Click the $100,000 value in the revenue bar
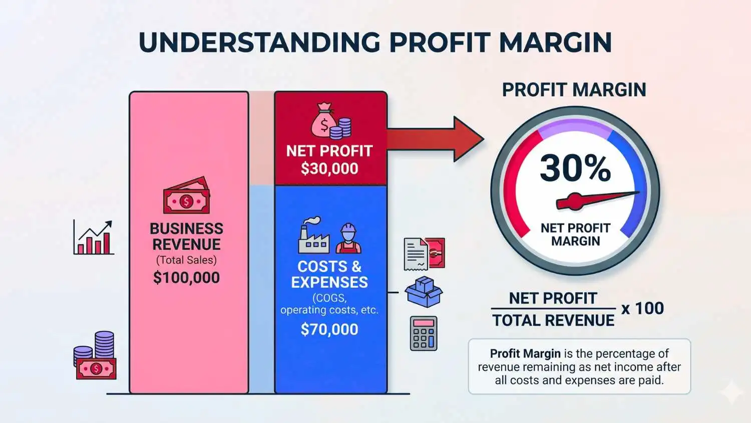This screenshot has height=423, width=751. click(x=186, y=278)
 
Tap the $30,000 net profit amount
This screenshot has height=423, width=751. click(x=329, y=169)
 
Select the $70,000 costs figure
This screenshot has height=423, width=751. click(x=329, y=329)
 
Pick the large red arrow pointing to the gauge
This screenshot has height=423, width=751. click(x=441, y=139)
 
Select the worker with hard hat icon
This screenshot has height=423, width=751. click(x=348, y=238)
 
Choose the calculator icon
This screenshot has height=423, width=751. click(x=424, y=333)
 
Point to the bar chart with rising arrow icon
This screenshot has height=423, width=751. click(x=94, y=238)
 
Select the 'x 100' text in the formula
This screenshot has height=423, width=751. click(x=642, y=308)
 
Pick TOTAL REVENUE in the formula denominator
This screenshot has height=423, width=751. click(x=553, y=320)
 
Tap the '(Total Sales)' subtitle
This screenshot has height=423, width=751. click(x=186, y=260)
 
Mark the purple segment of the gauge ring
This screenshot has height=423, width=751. click(x=575, y=125)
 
